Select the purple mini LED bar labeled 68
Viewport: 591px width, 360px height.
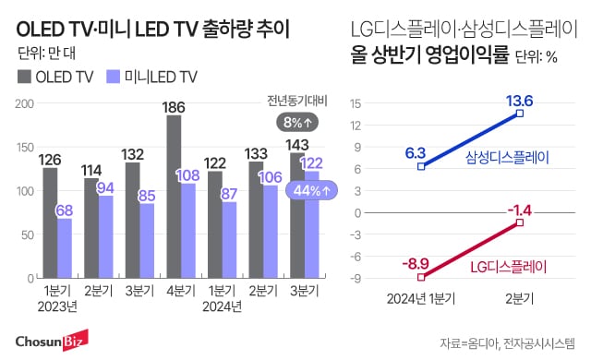click(65, 246)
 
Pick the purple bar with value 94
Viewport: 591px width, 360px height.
click(106, 235)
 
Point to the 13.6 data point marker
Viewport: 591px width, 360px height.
click(520, 114)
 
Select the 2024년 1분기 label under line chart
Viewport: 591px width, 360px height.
click(418, 297)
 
